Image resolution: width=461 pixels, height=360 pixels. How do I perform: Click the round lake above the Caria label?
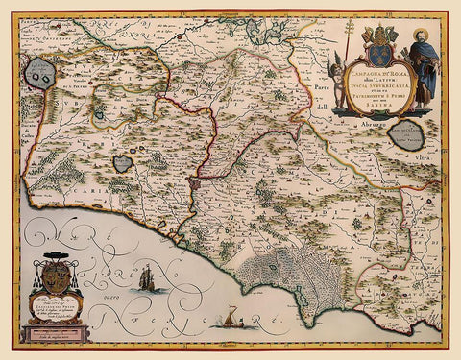coord(122,163)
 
